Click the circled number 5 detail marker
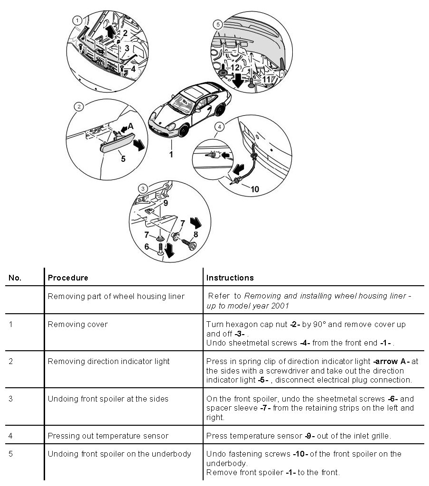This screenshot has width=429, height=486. tap(218, 24)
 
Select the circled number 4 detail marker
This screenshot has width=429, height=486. tap(219, 126)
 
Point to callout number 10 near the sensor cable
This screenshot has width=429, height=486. tap(254, 189)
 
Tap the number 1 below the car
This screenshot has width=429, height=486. tap(171, 154)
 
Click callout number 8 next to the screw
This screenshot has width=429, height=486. tap(196, 234)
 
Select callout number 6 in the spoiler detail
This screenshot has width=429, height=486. tap(147, 247)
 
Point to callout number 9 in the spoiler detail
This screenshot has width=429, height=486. tap(165, 202)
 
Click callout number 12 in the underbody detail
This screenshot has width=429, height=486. tap(235, 67)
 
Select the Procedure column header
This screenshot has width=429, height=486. tap(68, 278)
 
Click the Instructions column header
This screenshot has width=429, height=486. tap(230, 278)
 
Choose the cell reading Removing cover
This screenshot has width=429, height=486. tap(78, 325)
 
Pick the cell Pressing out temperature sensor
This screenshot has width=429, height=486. tap(108, 436)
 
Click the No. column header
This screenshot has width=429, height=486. tap(15, 278)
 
